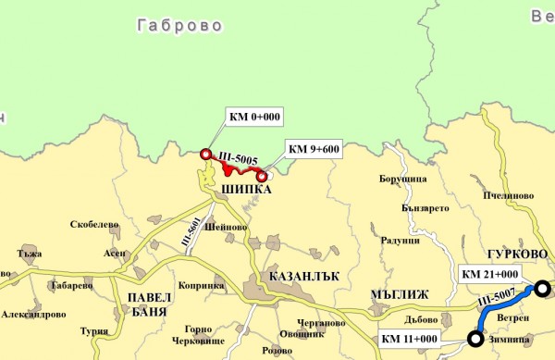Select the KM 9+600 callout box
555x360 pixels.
314,148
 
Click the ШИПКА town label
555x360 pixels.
247,190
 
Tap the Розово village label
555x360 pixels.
277,351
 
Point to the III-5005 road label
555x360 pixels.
240,159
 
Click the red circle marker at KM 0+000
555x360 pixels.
205,154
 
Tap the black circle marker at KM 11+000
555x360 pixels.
475,340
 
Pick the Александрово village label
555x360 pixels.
33,314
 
